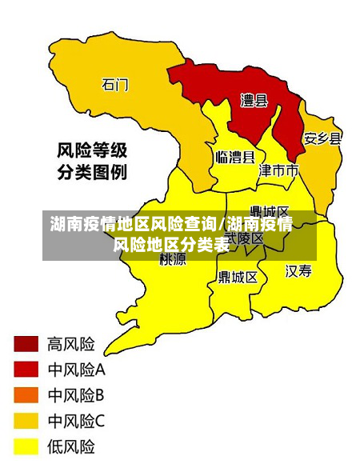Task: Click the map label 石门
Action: (x=115, y=83)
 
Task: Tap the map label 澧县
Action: (x=254, y=100)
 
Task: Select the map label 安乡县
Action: (x=322, y=138)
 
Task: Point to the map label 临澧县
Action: (x=235, y=157)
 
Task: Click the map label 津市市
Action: (x=278, y=170)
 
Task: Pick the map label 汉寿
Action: (x=298, y=271)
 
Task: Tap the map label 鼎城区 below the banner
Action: (x=238, y=277)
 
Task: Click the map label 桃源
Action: (x=173, y=258)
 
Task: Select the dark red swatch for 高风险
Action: (x=26, y=344)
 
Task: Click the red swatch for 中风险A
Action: (x=26, y=370)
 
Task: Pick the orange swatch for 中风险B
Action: (x=26, y=394)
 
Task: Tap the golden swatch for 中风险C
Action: (x=26, y=420)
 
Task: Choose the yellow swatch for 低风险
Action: (x=26, y=446)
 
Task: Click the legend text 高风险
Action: (x=71, y=344)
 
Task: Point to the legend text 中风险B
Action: (x=77, y=394)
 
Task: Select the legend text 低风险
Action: (x=71, y=446)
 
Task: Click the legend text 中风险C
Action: (x=77, y=420)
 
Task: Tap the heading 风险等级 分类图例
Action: (x=91, y=160)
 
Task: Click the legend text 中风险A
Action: (x=77, y=370)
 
